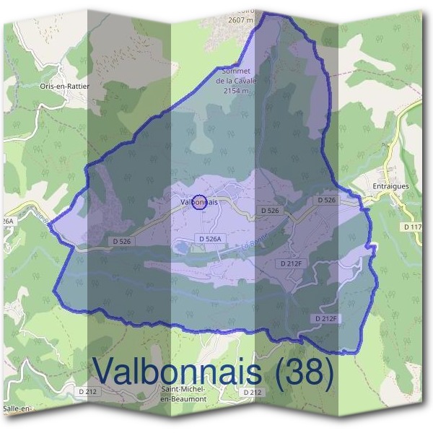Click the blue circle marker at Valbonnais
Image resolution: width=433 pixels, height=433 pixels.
(201, 203)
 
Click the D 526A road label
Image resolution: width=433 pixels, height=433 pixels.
(212, 238)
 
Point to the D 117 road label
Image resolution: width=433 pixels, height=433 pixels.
(413, 227)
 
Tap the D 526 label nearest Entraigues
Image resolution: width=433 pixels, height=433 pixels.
(327, 199)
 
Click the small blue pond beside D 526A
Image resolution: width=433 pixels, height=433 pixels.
(180, 248)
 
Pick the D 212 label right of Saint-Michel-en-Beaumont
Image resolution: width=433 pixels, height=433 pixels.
(252, 392)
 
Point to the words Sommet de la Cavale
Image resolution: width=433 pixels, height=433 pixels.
(235, 77)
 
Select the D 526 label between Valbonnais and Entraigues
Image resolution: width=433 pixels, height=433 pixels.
(269, 210)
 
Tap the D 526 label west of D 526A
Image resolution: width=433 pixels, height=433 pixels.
(122, 240)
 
